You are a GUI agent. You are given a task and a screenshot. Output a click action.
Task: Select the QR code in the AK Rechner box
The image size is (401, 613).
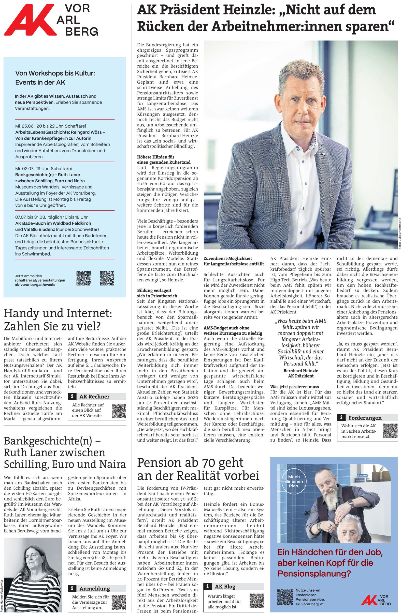tap(119, 411)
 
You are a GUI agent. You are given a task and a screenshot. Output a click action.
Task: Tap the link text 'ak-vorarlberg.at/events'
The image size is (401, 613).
tap(35, 285)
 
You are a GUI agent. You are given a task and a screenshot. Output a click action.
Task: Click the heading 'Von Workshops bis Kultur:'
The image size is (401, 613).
tap(55, 74)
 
